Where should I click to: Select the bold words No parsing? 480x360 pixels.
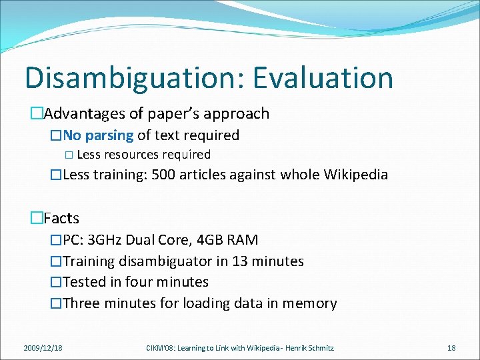coord(99,135)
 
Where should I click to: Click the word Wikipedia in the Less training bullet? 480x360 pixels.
coord(355,175)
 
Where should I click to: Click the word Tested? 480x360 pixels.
coord(85,282)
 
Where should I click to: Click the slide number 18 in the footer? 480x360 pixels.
coord(451,347)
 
